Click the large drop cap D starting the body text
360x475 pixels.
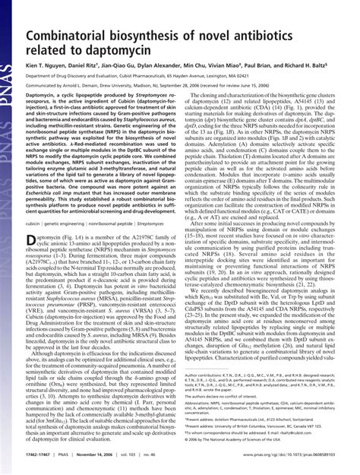32,242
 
